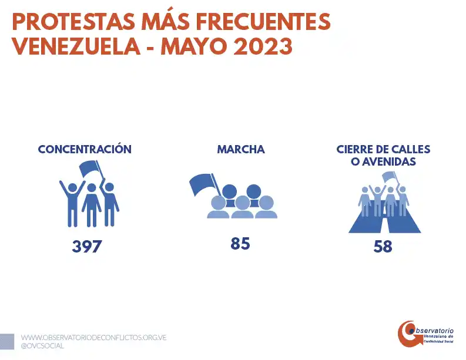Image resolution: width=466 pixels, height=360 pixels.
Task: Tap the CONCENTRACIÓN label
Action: [x=85, y=149]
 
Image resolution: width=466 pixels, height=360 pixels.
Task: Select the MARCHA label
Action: [x=241, y=149]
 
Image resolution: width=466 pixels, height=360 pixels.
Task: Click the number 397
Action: [x=87, y=246]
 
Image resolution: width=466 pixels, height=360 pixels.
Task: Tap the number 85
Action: [x=240, y=243]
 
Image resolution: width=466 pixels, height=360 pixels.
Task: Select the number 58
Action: [x=383, y=247]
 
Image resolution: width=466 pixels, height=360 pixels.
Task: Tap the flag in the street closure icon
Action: [x=390, y=176]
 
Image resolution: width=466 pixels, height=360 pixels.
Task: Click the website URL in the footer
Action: [x=94, y=338]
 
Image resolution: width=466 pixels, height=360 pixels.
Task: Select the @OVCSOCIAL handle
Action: [x=42, y=346]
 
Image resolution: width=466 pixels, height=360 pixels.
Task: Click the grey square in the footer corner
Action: [x=6, y=341]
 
